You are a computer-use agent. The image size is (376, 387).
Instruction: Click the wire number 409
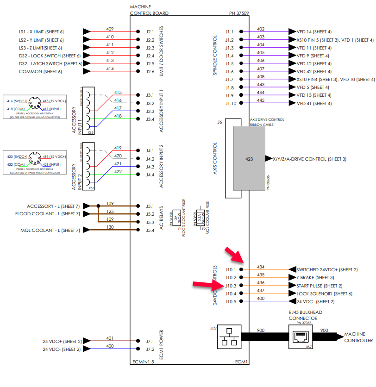[x=110, y=29]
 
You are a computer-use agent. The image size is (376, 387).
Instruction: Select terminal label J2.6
[x=150, y=71]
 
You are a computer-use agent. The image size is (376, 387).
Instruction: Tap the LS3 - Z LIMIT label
[x=40, y=48]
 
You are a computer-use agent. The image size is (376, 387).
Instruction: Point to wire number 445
[x=261, y=100]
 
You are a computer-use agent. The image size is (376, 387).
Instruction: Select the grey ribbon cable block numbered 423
[x=250, y=158]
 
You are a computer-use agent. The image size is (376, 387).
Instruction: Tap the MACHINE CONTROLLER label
[x=358, y=337]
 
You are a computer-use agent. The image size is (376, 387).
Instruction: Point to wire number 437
[x=261, y=291]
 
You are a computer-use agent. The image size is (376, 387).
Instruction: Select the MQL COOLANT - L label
[x=50, y=230]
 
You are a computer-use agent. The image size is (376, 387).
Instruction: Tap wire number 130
[x=110, y=227]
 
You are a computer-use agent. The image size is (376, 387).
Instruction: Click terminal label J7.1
[x=150, y=342]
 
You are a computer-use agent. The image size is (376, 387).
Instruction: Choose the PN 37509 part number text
[x=238, y=13]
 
